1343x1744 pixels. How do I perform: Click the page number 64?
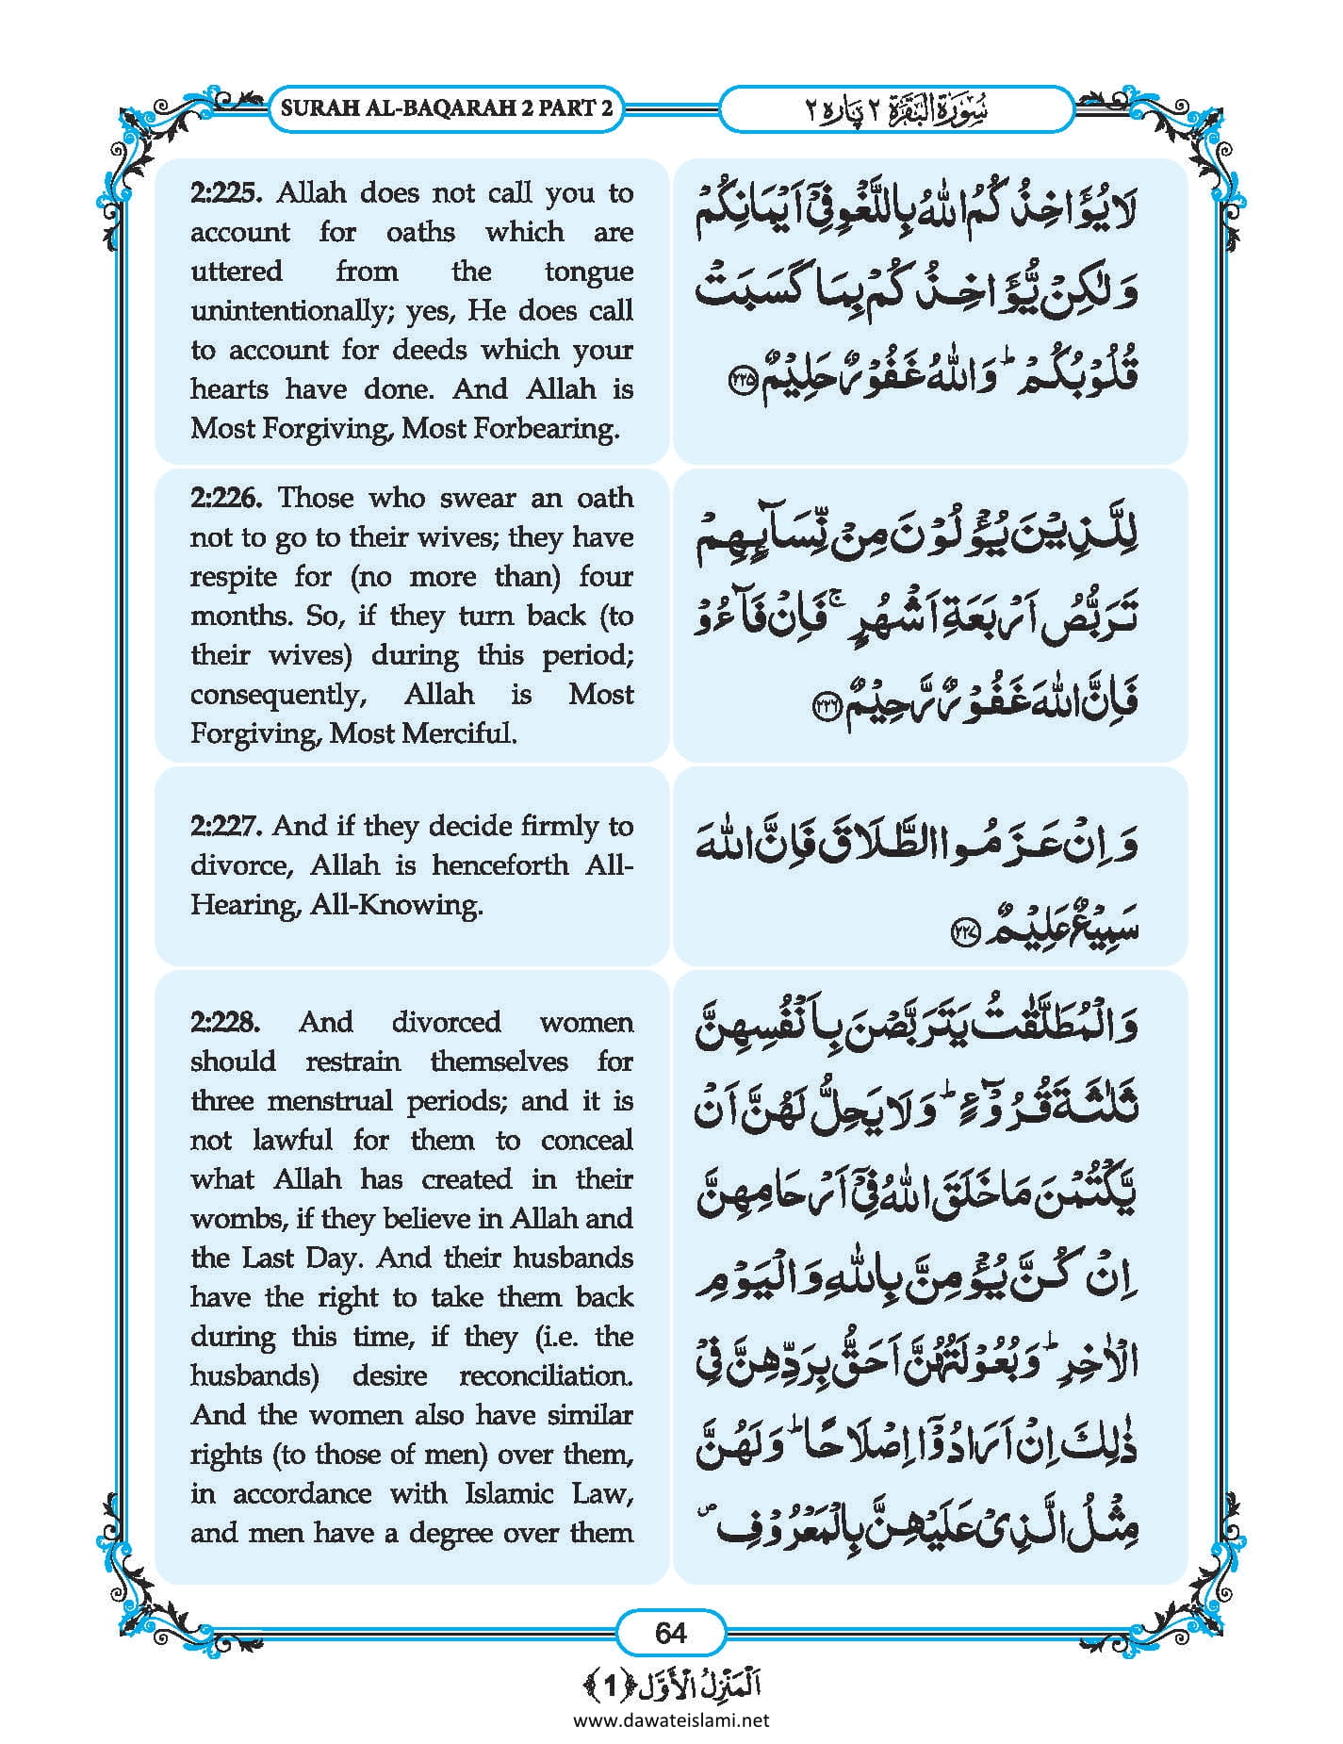pos(670,1632)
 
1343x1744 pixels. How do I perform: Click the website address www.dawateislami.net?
pos(671,1719)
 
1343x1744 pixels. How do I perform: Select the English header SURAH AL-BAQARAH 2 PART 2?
pos(447,107)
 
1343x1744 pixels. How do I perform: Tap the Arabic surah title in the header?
pos(896,109)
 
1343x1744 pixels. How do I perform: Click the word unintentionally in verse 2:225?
pos(292,311)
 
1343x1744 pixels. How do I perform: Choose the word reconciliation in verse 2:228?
pos(546,1376)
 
